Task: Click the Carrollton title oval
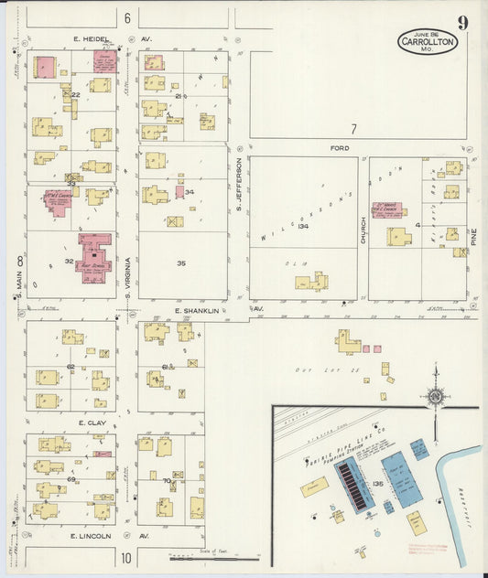(x=427, y=42)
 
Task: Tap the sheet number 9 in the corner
(x=463, y=23)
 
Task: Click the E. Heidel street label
(x=92, y=39)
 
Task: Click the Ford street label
(x=341, y=147)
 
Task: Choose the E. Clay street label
(x=92, y=423)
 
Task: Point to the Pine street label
(x=473, y=240)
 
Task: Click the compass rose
(x=435, y=395)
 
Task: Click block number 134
(x=303, y=226)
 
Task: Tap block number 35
(x=181, y=263)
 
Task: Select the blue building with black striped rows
(x=354, y=483)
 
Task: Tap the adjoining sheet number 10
(x=126, y=556)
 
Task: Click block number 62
(x=70, y=366)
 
